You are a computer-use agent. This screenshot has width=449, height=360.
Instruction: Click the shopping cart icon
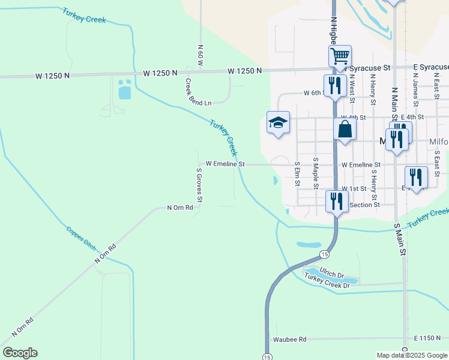click(340, 56)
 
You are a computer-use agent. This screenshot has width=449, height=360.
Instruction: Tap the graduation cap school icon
click(278, 122)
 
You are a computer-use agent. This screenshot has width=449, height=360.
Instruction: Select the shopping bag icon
click(345, 129)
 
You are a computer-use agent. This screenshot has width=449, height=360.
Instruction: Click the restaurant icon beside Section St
click(337, 200)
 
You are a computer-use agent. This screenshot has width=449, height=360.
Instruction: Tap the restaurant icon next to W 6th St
click(334, 85)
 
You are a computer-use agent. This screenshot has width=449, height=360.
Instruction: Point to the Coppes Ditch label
click(81, 237)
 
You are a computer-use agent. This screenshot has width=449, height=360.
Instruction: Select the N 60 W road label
click(201, 55)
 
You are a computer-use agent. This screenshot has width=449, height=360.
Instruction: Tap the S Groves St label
click(200, 184)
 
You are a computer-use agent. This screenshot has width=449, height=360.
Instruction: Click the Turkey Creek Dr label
click(327, 280)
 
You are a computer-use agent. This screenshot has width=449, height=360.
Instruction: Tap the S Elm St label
click(297, 173)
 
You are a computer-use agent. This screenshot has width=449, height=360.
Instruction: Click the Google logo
click(20, 353)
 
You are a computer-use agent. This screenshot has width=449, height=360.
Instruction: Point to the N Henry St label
click(373, 89)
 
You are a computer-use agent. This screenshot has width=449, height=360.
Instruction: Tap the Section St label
click(364, 205)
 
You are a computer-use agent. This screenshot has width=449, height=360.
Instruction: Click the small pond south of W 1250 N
click(124, 89)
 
